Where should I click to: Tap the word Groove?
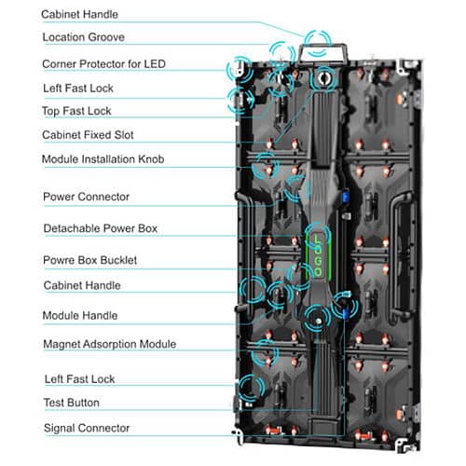[106, 37]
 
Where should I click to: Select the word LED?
[155, 64]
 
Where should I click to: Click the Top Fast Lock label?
[76, 111]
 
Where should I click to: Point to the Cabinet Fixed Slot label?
[88, 135]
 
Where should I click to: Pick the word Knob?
[151, 159]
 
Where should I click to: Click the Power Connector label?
[86, 197]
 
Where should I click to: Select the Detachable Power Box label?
[101, 228]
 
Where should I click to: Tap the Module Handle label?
[80, 316]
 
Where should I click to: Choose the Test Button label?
[72, 403]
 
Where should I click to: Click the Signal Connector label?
[87, 428]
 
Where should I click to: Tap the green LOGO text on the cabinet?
[318, 255]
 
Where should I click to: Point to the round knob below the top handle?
[323, 78]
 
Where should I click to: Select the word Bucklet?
[118, 260]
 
